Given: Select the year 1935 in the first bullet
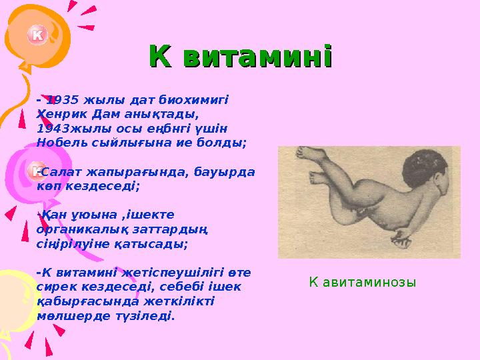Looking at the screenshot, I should (64, 100).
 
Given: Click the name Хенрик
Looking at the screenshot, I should (59, 114).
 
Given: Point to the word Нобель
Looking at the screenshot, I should (61, 142).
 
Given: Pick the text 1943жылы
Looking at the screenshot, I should (68, 128).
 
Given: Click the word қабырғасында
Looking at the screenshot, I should (81, 301).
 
